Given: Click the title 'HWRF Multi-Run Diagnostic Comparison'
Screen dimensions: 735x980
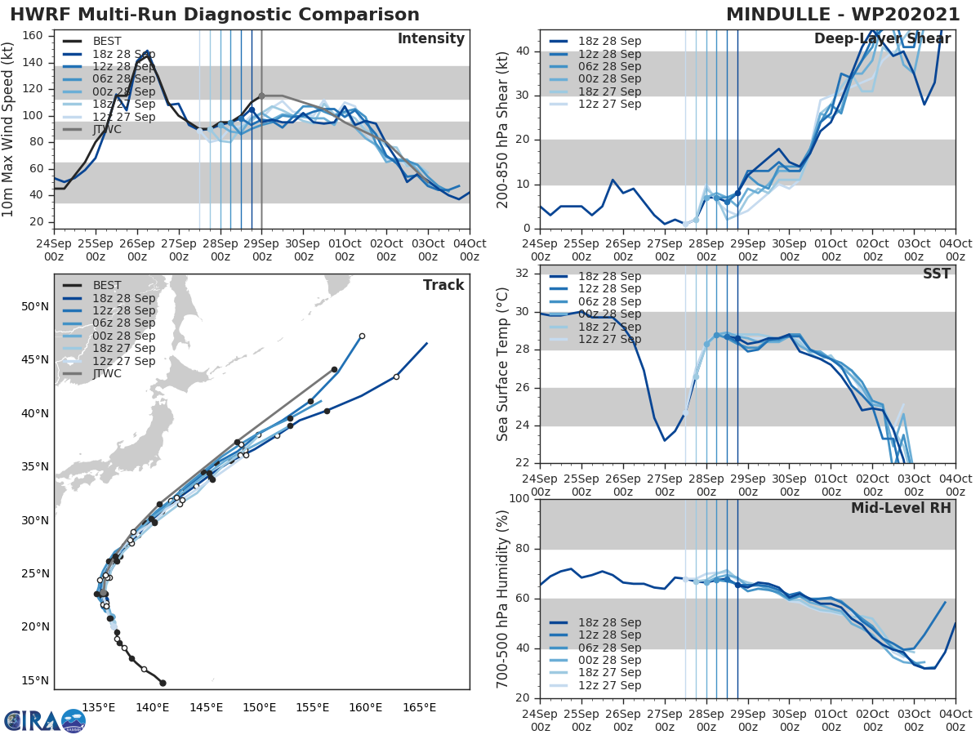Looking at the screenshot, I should coord(215,15).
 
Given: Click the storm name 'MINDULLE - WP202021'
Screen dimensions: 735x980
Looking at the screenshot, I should coord(844,15).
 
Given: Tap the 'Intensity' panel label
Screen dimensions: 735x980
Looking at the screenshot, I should coord(430,39).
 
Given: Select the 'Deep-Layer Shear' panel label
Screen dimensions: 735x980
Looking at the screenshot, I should coord(882,39).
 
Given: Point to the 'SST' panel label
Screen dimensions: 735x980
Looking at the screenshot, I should coord(936,274).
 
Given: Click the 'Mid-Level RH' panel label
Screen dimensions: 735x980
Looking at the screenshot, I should coord(901,508).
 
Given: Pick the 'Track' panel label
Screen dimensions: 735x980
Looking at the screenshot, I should coord(443,285).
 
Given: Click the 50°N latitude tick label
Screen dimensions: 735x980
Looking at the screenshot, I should coord(34,307).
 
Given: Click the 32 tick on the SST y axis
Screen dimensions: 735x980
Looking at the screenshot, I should coord(523,273).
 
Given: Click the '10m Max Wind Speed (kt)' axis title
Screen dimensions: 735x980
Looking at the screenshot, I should coord(9,129).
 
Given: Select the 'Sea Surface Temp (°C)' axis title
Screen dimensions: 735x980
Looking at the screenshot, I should coord(503,364).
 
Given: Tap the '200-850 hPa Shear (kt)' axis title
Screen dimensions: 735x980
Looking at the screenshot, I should coord(503,130).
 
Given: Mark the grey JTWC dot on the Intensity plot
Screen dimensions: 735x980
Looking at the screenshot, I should coord(261,96).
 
